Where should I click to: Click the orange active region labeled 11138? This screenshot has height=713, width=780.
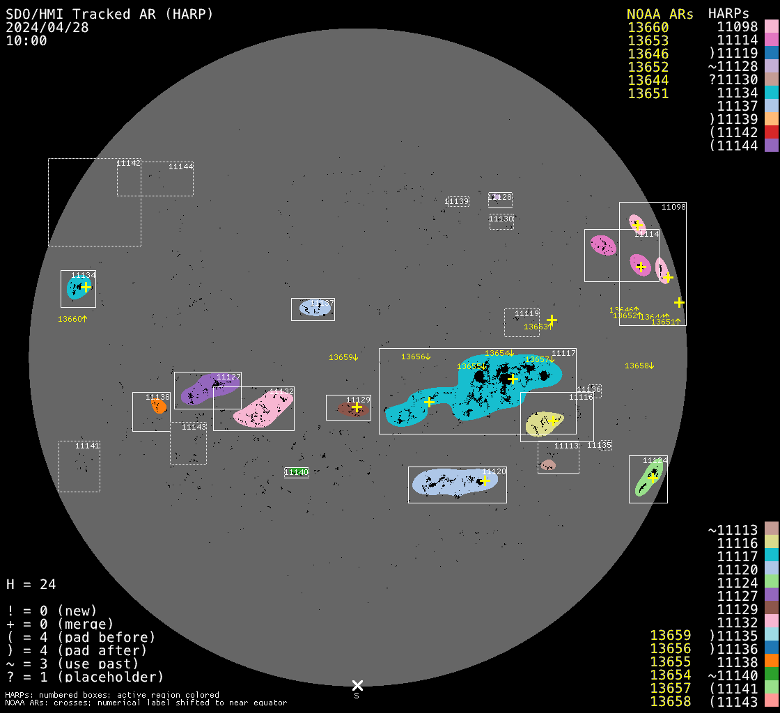point(159,406)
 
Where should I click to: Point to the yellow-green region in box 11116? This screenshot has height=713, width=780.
point(542,424)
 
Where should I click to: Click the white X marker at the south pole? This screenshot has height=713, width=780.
point(357,685)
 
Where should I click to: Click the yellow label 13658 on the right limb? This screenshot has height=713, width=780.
point(639,366)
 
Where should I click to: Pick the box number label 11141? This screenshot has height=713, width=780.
point(87,446)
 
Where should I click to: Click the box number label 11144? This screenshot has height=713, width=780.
point(180,167)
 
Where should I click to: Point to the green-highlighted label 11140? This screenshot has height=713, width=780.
point(296,472)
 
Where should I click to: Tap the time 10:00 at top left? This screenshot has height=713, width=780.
point(26,40)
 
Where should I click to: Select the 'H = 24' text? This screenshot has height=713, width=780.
point(31,584)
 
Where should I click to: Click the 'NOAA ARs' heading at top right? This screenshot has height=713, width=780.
point(660,14)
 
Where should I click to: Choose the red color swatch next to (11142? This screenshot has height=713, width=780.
point(771,132)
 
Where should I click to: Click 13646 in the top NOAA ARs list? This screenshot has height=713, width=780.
point(648,54)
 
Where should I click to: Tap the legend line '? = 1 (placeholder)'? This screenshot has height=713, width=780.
point(85,677)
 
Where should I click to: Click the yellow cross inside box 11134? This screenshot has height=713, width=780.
point(86,287)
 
